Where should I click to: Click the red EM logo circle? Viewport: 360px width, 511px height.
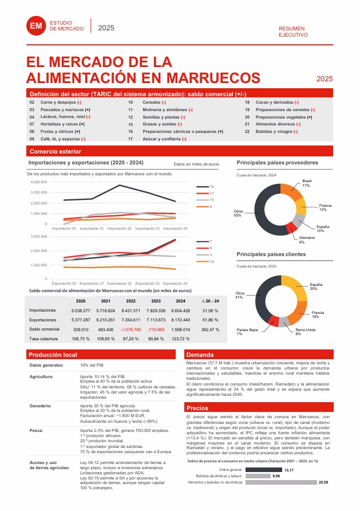tap(35, 25)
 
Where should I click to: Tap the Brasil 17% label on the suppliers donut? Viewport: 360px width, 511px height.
tap(306, 183)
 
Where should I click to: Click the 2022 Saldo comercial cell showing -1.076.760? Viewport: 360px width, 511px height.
tap(131, 329)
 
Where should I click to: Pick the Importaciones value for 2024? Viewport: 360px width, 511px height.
tap(181, 310)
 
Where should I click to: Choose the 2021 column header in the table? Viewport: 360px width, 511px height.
tap(106, 300)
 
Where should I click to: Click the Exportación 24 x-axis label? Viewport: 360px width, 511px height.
tap(175, 283)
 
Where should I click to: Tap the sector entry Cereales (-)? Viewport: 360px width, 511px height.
tap(155, 102)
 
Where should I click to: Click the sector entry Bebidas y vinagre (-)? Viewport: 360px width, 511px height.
tap(276, 131)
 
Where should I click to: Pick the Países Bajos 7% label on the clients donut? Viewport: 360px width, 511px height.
tap(247, 331)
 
